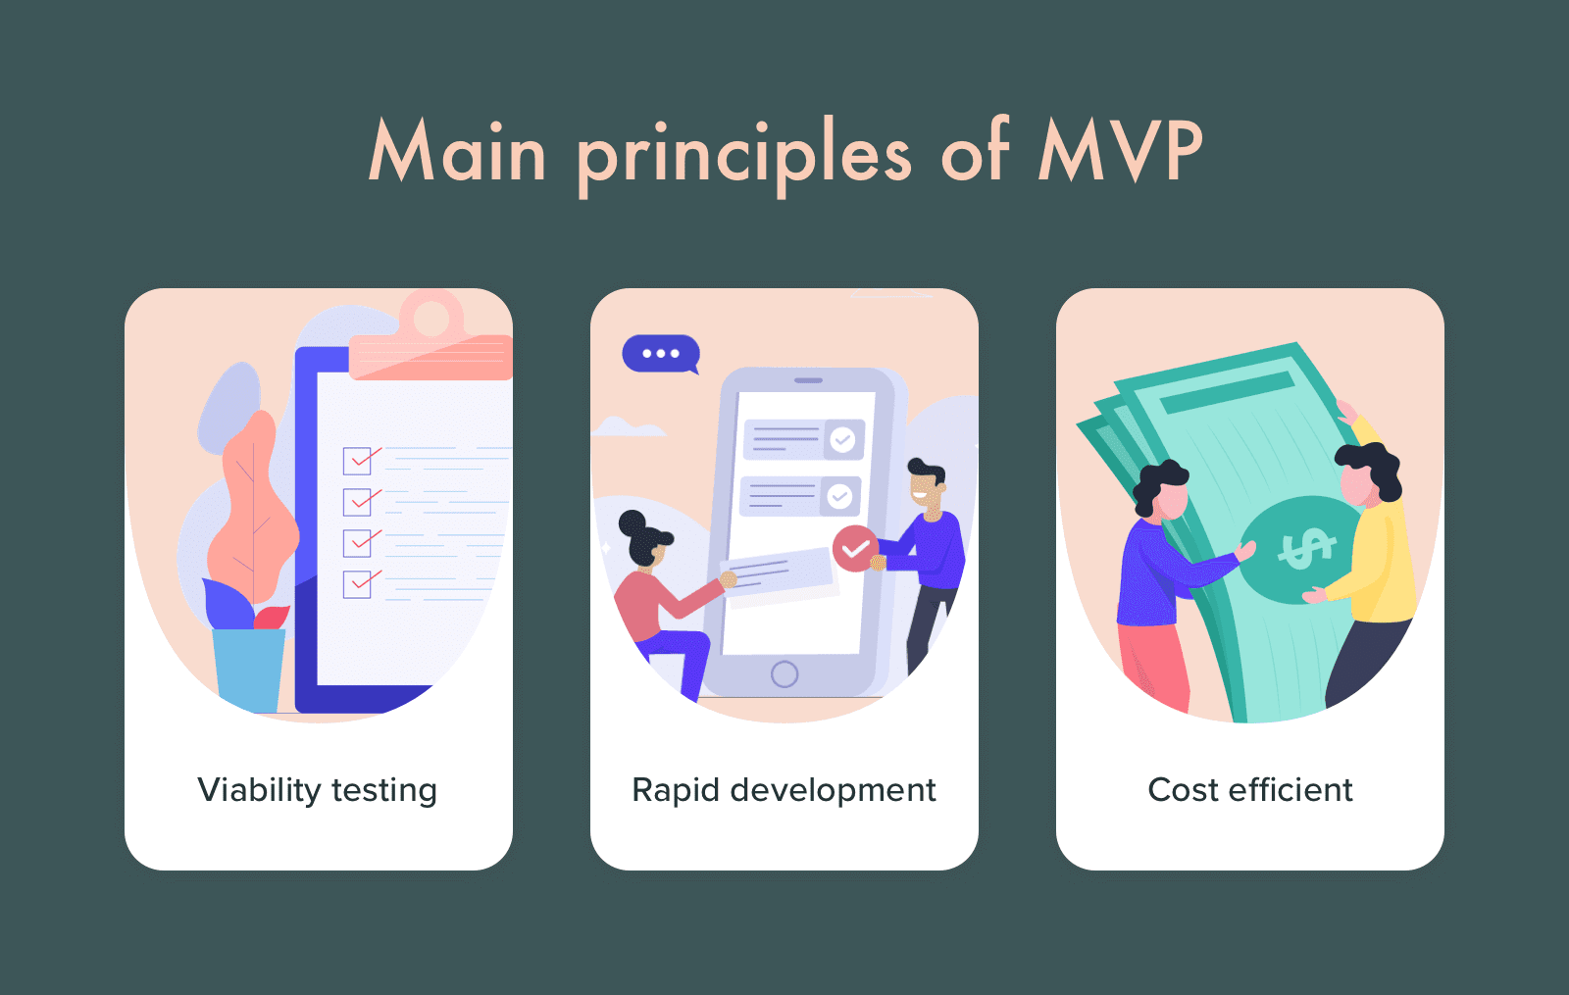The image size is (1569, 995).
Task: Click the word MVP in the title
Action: (1120, 151)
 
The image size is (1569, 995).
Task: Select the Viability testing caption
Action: (318, 790)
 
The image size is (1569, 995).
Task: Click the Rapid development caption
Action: (784, 790)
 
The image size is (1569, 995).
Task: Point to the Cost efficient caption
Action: (1250, 790)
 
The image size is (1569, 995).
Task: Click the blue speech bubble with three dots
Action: (661, 354)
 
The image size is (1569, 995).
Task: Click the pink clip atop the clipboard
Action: (430, 338)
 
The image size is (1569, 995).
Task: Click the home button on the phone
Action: (784, 674)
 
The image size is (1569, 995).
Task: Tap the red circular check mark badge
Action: (855, 549)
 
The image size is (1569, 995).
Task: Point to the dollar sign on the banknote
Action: (1305, 548)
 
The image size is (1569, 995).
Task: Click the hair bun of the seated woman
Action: (633, 523)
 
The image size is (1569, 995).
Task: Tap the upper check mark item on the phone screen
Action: (804, 440)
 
